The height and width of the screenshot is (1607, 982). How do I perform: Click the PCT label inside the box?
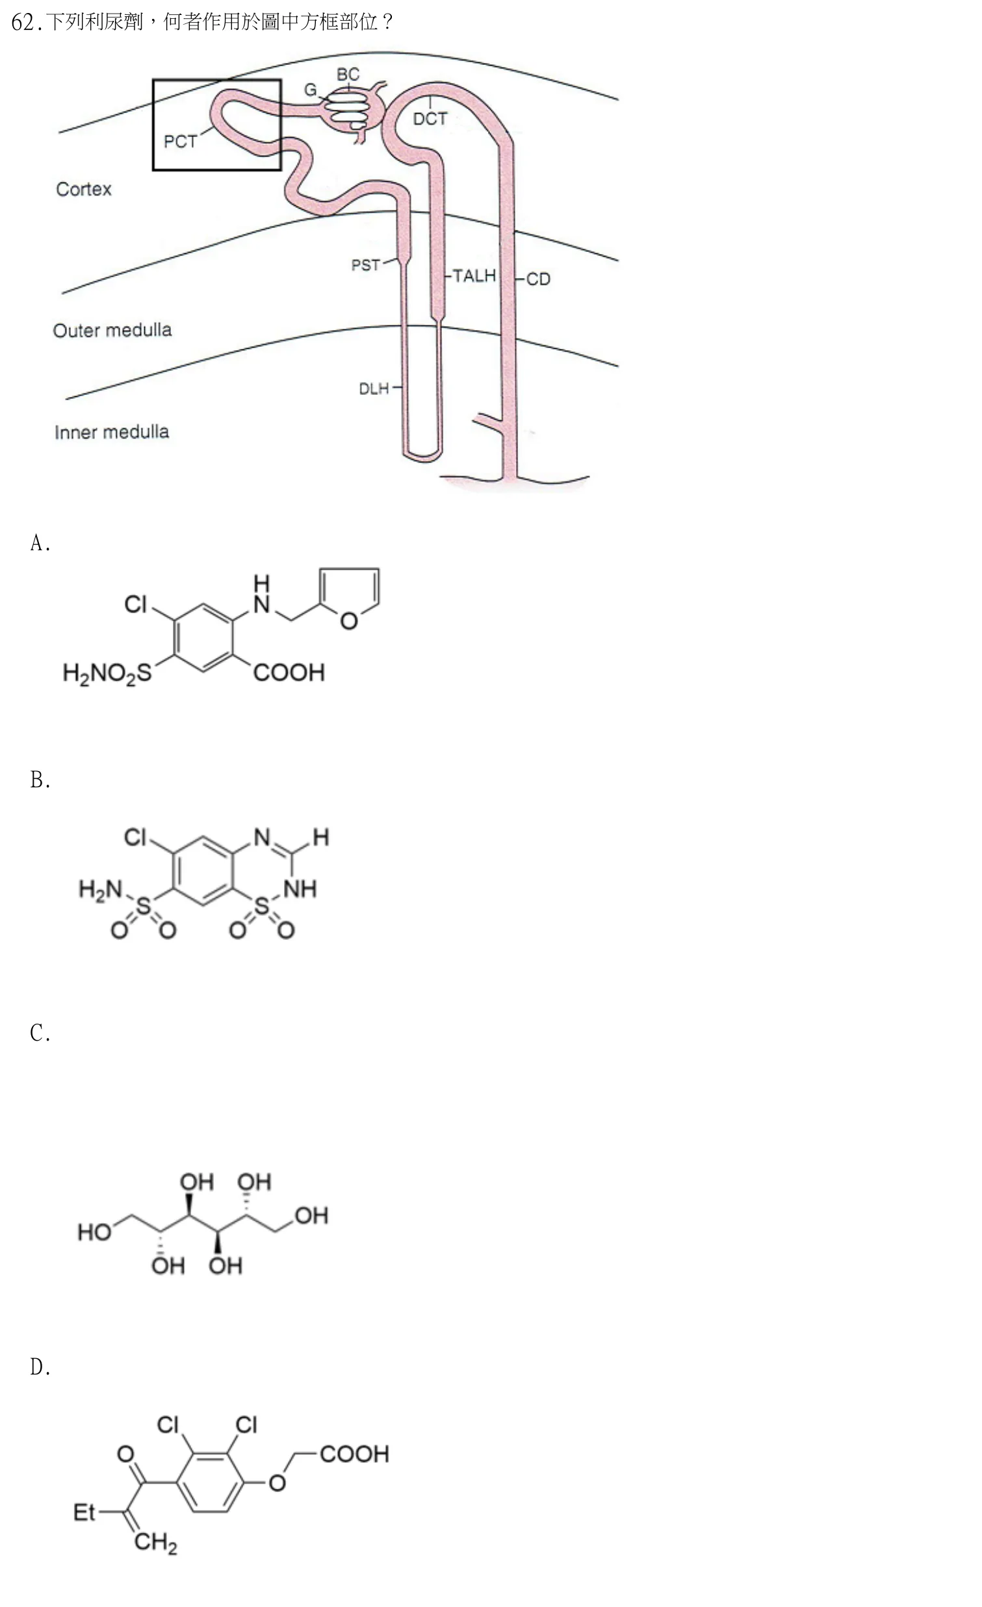point(180,142)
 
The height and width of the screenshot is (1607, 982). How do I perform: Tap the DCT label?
point(430,119)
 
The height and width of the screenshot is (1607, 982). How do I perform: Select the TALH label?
point(474,276)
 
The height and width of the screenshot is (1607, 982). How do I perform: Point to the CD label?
point(538,279)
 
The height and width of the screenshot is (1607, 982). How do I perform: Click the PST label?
point(365,266)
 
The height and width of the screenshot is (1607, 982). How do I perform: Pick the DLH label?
point(374,388)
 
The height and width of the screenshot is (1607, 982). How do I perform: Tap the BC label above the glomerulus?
point(348,74)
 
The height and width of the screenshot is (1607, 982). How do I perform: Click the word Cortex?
point(84,189)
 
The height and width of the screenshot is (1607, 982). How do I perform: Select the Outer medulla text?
point(112,330)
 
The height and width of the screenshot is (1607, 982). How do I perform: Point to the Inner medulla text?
point(112,432)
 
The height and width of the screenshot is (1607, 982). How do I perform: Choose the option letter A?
point(40,542)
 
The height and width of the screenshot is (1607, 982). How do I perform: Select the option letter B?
point(40,780)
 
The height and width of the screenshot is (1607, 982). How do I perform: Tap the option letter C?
point(40,1033)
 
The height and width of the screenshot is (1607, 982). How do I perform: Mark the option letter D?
point(40,1367)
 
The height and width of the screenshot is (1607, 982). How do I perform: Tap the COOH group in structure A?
point(289,672)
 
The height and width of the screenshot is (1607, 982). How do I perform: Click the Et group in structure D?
point(84,1512)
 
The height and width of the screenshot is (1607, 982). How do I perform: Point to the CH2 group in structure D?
point(156,1543)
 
